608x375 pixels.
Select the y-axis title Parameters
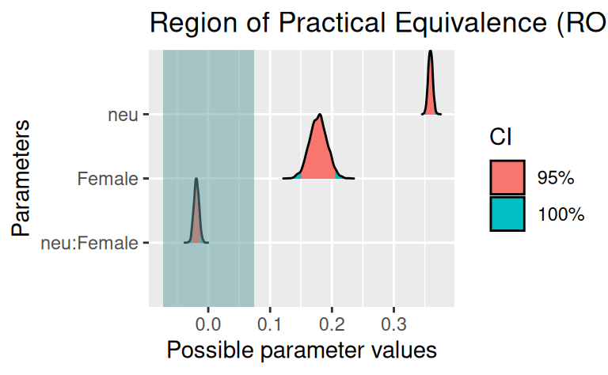23,177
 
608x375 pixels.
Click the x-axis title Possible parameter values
302,349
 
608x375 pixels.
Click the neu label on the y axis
123,115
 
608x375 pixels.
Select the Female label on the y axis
108,179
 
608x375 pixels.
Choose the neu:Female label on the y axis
89,243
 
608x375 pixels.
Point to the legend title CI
500,138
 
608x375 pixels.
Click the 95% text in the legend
555,177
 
